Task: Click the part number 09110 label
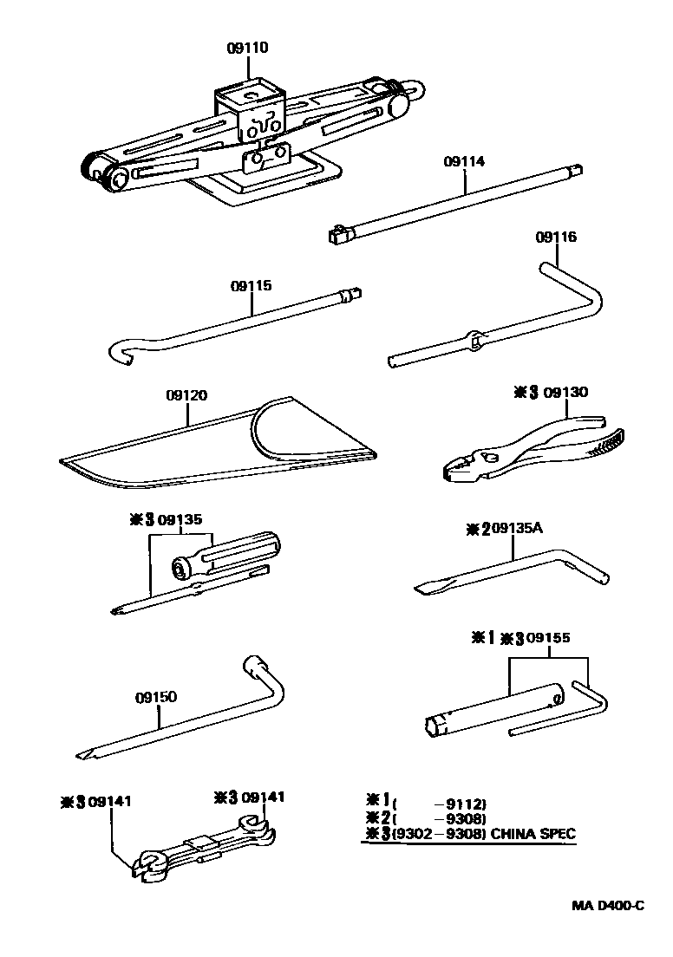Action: [247, 49]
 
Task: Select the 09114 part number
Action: [464, 161]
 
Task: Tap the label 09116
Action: [556, 237]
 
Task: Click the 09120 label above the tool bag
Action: [186, 395]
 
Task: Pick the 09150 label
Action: [156, 697]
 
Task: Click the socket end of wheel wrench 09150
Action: [254, 668]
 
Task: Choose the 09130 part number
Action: [566, 392]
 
